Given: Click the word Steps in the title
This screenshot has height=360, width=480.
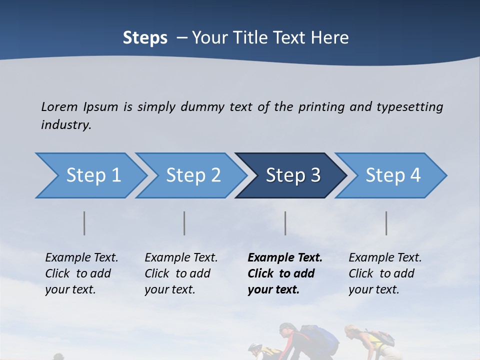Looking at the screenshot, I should click(x=145, y=38).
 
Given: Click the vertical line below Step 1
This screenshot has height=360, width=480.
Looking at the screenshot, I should click(x=84, y=223).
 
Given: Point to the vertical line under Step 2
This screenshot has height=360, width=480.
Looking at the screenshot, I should click(x=184, y=223).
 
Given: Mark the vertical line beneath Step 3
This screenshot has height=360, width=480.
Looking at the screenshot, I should click(x=285, y=223).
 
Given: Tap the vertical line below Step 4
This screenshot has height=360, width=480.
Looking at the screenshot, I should click(x=386, y=223).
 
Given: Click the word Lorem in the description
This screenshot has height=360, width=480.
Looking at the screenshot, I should click(x=59, y=106).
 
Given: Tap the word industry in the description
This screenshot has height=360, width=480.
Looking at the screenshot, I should click(x=66, y=124).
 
